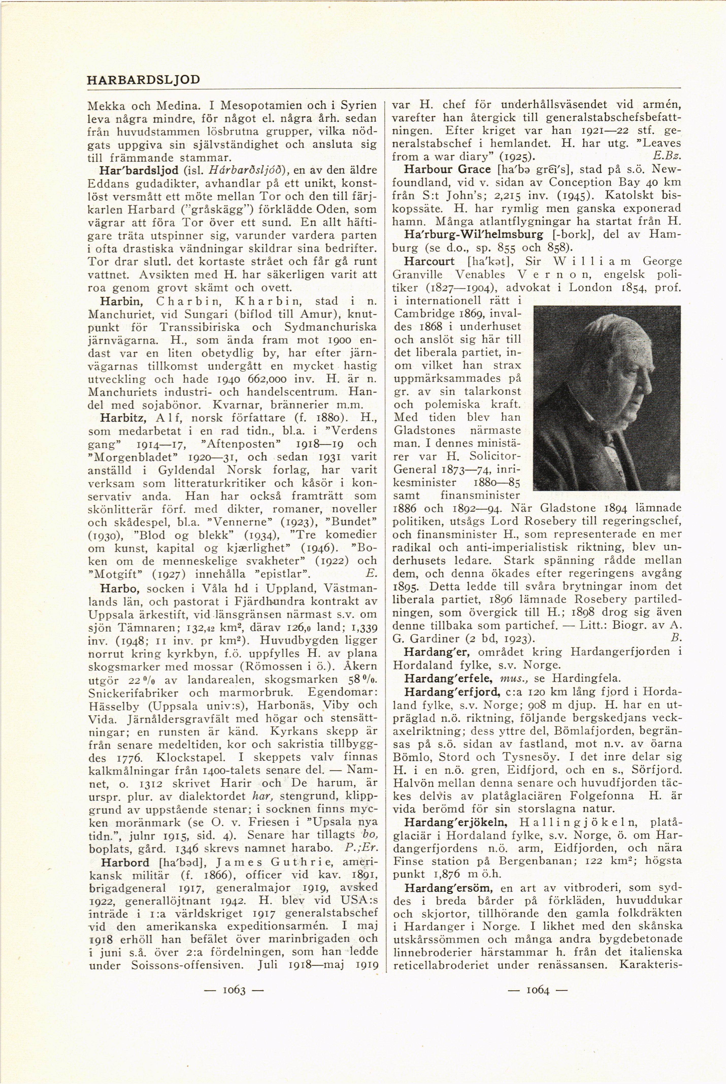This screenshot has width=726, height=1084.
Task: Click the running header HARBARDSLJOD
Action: point(143,80)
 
